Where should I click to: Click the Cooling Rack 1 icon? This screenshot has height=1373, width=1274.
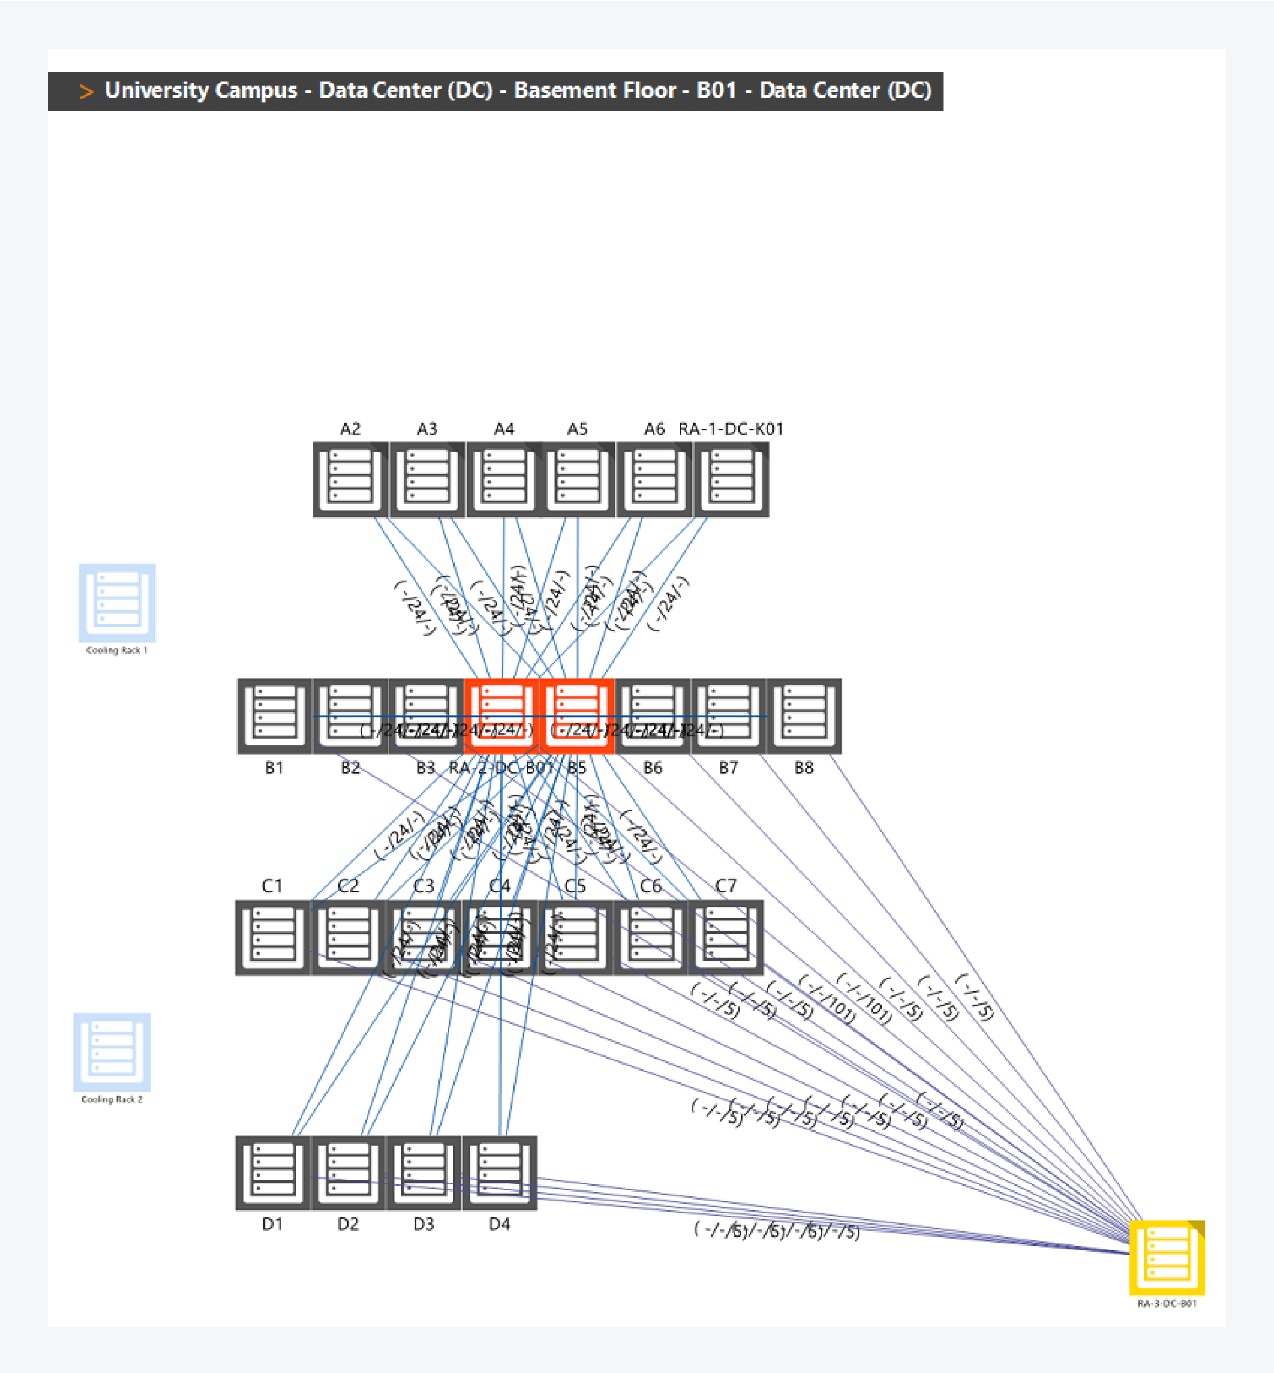117,603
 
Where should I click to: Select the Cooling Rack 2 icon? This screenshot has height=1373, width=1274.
112,1052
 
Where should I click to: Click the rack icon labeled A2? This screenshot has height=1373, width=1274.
350,479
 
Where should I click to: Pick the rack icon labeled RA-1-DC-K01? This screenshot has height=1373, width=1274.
731,479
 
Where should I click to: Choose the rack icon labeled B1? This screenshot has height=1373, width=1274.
274,716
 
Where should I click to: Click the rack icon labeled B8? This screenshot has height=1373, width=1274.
804,716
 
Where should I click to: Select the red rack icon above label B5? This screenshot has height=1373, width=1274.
577,716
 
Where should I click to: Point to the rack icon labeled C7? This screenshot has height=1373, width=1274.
726,937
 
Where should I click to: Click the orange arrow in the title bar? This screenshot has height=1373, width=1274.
86,91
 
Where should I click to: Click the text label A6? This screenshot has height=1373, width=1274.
654,429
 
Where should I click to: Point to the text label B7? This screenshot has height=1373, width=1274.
728,768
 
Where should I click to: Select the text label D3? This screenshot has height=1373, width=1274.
423,1224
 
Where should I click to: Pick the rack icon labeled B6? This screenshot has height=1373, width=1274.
653,716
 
